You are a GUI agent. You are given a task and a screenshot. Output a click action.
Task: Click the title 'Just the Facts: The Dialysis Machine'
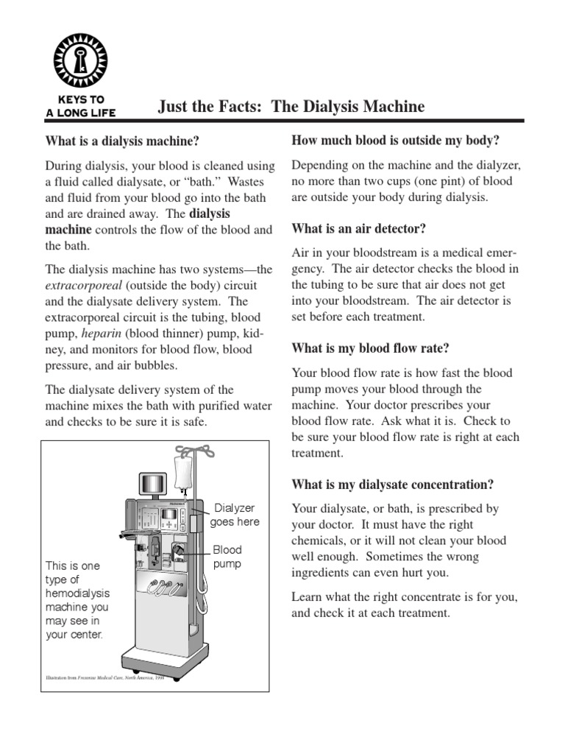[291, 107]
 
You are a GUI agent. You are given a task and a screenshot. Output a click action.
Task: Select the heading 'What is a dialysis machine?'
[122, 140]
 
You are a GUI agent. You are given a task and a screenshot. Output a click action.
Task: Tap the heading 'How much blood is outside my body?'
[396, 139]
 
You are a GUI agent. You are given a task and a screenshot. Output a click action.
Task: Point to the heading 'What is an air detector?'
[359, 228]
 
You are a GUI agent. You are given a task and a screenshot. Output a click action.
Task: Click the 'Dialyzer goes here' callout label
[235, 515]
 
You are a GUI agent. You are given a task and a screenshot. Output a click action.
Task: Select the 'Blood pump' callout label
[227, 557]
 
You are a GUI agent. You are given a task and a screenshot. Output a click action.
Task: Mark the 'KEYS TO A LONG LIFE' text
[80, 106]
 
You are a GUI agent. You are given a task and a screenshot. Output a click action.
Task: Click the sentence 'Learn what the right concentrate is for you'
[404, 597]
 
